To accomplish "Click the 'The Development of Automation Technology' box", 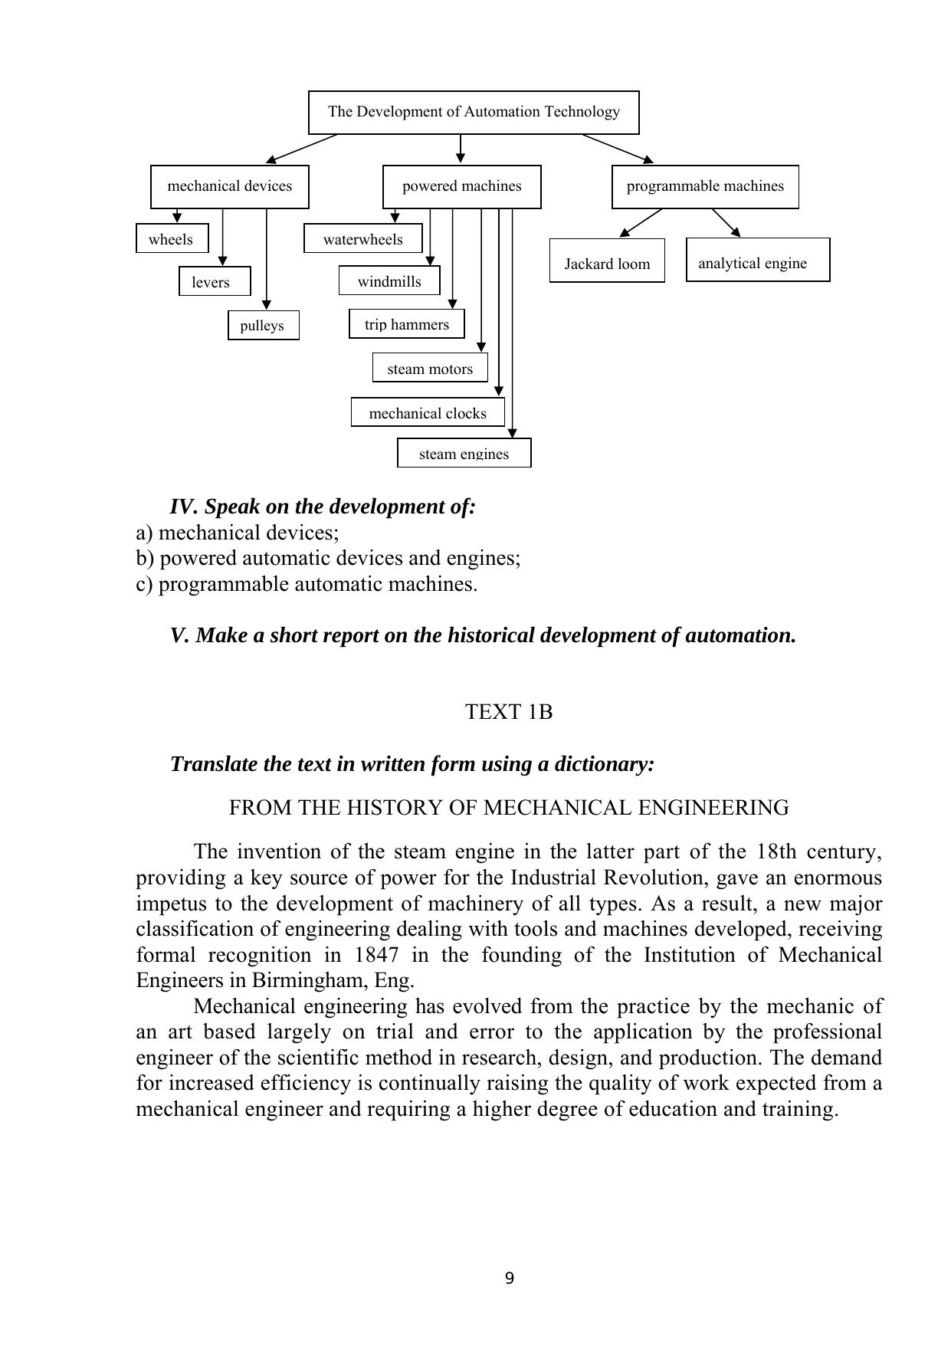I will click(x=474, y=112).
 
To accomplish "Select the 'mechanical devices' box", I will click(x=229, y=186).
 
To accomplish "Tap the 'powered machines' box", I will click(x=461, y=186).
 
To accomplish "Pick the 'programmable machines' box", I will click(x=705, y=186).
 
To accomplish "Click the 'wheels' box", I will click(x=172, y=239).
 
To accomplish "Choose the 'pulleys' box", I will click(x=263, y=325).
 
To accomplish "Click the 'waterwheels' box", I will click(x=362, y=239).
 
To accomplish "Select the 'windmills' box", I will click(x=389, y=281).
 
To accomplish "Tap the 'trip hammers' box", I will click(x=406, y=324).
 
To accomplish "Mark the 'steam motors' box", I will click(x=429, y=369).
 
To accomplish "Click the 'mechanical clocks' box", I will click(x=428, y=413).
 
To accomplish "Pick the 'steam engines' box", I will click(x=464, y=454).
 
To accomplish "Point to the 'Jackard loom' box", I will click(x=607, y=262).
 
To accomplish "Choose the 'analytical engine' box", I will click(x=757, y=261).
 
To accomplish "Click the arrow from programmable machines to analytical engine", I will click(x=726, y=223).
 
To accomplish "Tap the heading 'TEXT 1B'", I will click(x=509, y=712).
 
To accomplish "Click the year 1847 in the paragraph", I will click(x=376, y=955).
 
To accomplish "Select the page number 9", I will click(x=510, y=1278).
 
